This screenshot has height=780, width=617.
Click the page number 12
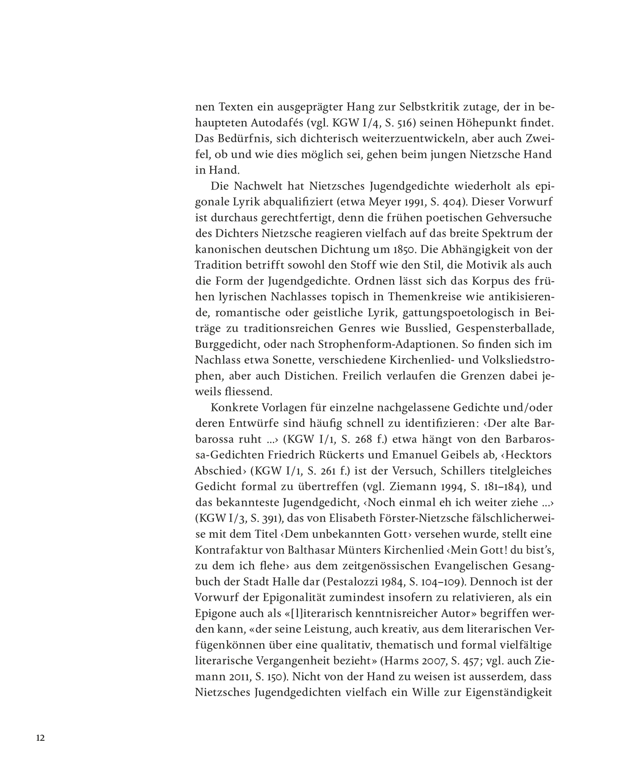(x=41, y=738)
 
